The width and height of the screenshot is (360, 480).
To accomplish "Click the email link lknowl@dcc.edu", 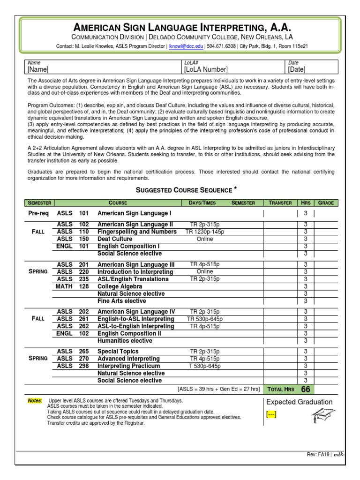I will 186,46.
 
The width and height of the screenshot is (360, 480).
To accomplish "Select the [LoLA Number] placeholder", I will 206,69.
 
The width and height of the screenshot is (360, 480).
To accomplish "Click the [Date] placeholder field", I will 297,69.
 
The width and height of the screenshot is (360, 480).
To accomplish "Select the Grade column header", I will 326,203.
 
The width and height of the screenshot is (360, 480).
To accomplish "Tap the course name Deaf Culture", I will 115,239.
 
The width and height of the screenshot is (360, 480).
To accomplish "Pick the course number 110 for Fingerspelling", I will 84,232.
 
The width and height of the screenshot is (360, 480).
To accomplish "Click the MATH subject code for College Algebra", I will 64,286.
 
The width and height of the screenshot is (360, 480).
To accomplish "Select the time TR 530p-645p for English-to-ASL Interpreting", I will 205,319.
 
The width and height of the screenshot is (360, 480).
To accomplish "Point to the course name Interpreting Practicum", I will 128,366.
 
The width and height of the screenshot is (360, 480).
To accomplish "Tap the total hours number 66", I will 306,389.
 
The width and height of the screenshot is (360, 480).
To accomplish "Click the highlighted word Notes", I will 35,401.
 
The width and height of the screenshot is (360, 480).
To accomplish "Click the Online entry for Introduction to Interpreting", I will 205,272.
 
